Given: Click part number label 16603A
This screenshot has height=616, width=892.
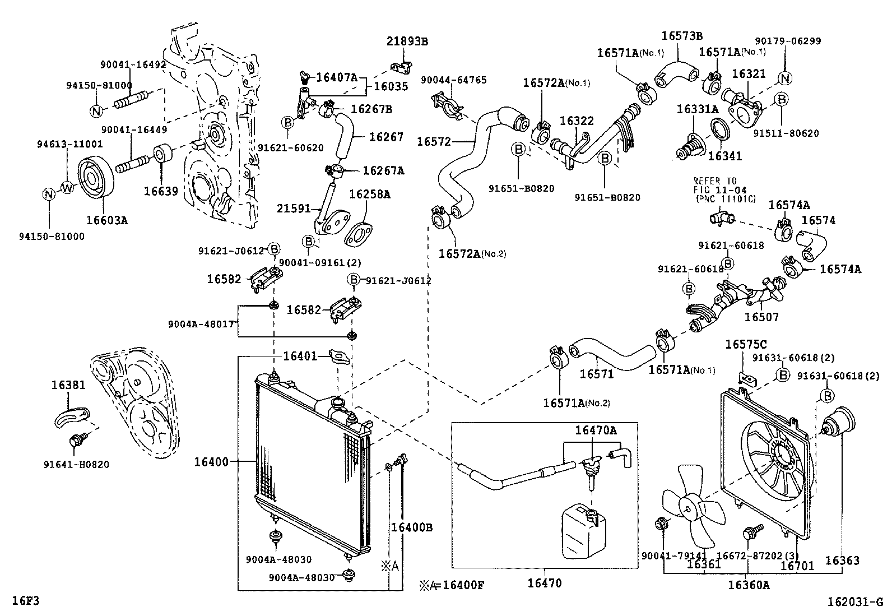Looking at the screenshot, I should [106, 220].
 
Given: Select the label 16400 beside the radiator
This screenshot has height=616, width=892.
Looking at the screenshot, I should [211, 462].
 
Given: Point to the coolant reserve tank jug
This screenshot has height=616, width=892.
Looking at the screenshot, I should [583, 530].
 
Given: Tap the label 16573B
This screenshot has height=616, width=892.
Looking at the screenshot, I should [681, 35].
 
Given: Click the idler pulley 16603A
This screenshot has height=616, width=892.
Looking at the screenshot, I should [95, 178].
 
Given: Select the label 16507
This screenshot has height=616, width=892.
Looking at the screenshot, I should [761, 317].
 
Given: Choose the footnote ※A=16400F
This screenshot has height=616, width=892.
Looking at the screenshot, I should [452, 586].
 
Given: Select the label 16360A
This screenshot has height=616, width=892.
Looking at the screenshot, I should [749, 585].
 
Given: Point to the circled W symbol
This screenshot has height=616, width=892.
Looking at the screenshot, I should [67, 188].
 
